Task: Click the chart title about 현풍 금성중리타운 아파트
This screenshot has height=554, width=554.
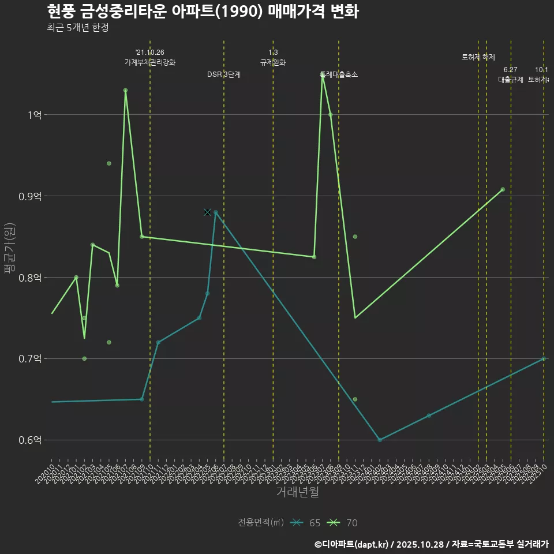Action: point(203,11)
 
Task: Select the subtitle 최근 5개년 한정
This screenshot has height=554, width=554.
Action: point(77,27)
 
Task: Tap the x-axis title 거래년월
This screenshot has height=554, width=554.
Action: point(297,492)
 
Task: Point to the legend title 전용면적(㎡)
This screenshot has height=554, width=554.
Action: point(260,523)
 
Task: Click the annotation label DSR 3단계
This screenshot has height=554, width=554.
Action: point(224,74)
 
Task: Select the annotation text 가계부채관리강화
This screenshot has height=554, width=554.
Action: point(150,62)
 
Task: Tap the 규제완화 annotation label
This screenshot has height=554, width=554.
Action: point(273,62)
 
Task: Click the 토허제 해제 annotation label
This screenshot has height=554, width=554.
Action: point(478,57)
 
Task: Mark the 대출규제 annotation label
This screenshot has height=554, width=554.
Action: point(511,80)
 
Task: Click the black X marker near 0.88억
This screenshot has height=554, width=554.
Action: point(207,212)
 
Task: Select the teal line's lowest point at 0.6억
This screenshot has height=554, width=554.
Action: point(380,440)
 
